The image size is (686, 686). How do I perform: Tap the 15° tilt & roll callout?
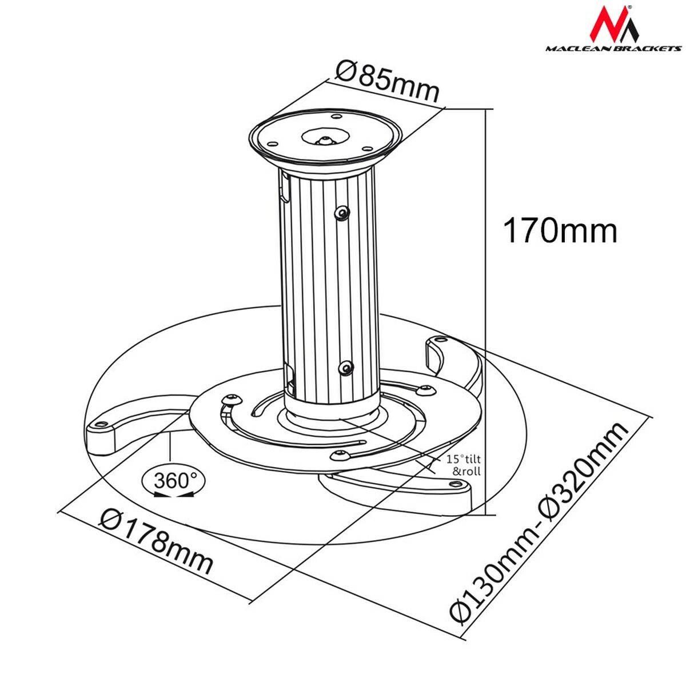(x=463, y=465)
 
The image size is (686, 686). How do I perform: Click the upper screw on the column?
(x=342, y=213)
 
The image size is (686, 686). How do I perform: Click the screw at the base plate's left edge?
(x=231, y=398)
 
